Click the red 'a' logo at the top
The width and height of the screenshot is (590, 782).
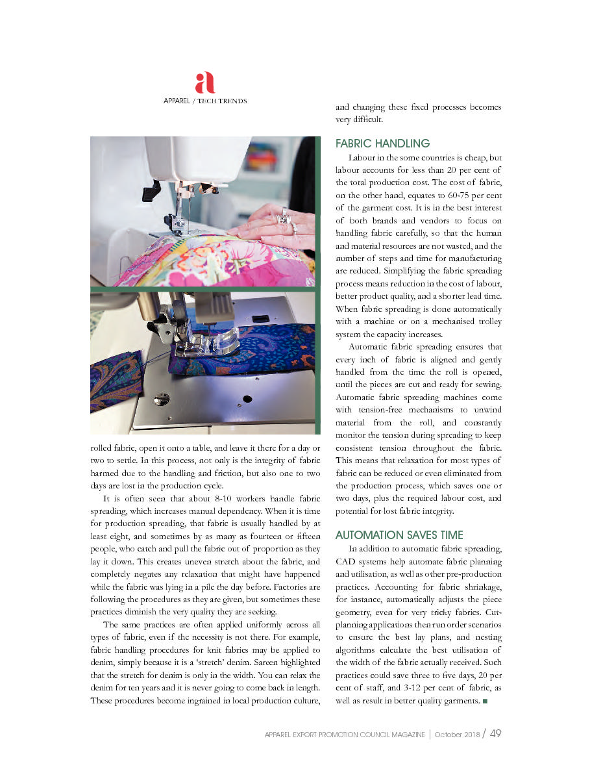204,82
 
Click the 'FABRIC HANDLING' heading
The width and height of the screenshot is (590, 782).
382,144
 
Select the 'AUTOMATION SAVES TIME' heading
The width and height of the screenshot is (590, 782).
399,535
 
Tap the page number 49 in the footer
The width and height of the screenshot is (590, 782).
496,733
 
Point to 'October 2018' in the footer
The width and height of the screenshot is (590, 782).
458,735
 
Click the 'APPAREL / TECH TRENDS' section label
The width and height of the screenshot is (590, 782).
204,101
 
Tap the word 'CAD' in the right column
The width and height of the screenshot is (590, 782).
347,561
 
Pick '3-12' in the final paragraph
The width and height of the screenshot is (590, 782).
394,688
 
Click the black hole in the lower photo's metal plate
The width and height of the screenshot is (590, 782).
247,397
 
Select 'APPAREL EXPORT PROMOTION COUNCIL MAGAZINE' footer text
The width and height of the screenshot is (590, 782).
345,735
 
